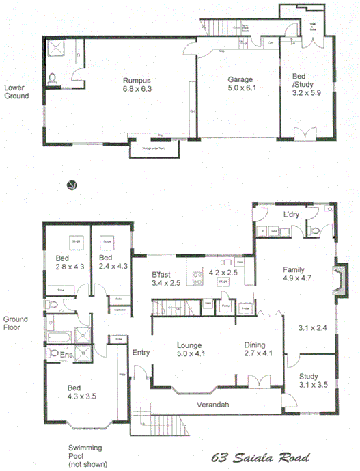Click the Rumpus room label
pos(137,79)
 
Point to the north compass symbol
pos(69,185)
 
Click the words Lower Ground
pos(16,92)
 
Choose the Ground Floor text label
pos(15,323)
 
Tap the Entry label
pos(141,353)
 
